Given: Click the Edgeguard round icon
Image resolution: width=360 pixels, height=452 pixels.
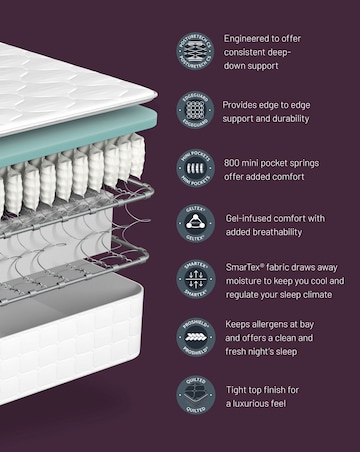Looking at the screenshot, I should (196, 111).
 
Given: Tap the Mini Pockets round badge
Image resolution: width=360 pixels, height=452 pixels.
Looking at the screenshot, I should (196, 168).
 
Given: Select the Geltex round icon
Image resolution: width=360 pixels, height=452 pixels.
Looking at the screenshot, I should (196, 224).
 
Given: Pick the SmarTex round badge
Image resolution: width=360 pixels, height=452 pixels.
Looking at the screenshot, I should (196, 281).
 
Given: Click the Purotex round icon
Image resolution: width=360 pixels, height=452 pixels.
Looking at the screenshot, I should (196, 337).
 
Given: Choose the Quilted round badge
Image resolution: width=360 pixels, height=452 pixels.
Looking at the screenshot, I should (196, 394).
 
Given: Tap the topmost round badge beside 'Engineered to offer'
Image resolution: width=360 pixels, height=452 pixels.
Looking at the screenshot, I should (196, 53).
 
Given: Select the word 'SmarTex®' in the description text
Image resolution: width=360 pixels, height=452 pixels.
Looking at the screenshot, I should (246, 268).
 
